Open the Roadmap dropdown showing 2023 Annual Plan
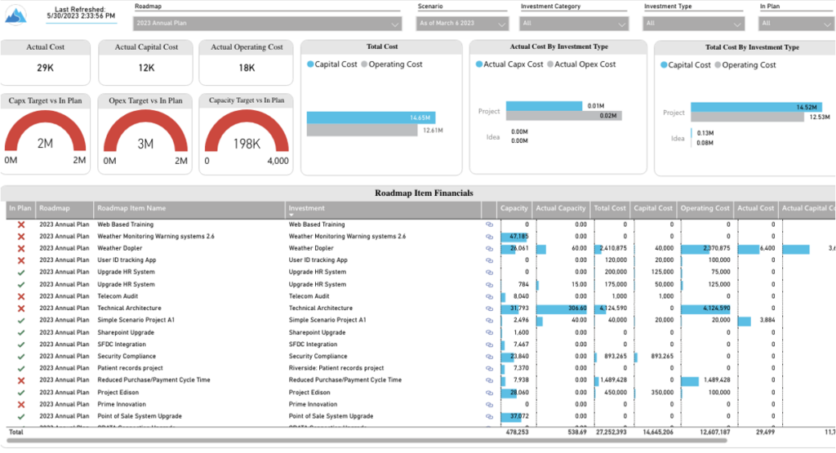[268, 24]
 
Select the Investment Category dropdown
[575, 24]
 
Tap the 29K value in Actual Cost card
[46, 69]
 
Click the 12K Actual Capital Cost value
[146, 69]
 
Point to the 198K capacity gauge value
[247, 144]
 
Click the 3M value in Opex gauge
[146, 144]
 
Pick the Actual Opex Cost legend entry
[585, 64]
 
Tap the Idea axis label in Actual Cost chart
[492, 136]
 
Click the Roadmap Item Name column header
[131, 208]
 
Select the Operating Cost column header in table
[705, 208]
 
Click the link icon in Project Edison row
[490, 393]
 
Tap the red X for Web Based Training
[21, 224]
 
